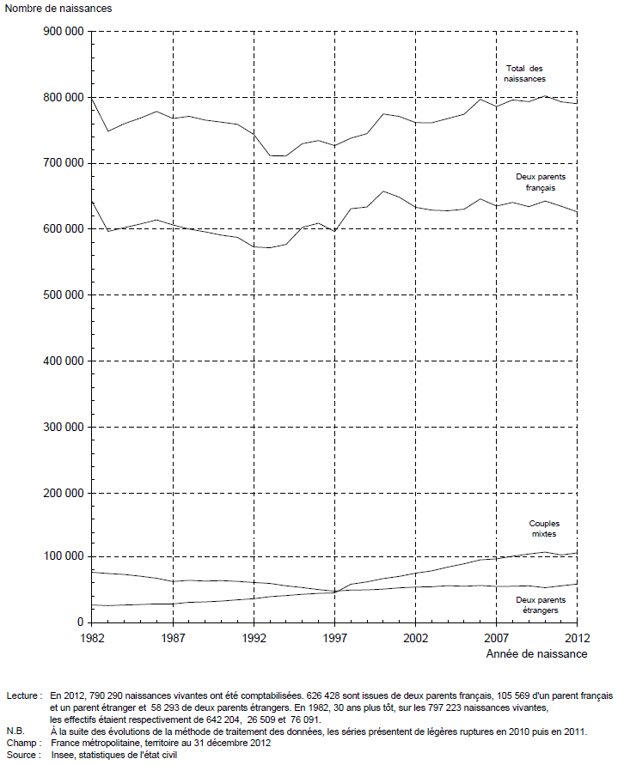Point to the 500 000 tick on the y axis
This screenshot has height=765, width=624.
tap(64, 295)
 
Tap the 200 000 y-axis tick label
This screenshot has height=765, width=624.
tap(64, 493)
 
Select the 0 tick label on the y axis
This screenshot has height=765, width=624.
tap(81, 622)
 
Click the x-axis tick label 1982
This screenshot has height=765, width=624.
tap(92, 638)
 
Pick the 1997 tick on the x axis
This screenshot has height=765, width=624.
tap(335, 638)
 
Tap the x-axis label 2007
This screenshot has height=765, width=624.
tap(497, 638)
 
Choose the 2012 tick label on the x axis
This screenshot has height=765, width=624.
tap(578, 638)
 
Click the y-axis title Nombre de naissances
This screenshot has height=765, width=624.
tap(58, 9)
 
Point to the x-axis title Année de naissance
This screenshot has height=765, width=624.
tap(536, 654)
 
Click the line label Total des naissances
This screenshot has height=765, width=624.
tap(525, 74)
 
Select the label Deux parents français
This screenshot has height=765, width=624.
tap(541, 183)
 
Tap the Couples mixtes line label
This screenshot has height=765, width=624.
tap(544, 528)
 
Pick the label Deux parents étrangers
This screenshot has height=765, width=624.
tap(541, 605)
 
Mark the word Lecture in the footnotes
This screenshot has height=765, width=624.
tap(21, 696)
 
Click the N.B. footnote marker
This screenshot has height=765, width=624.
tap(15, 732)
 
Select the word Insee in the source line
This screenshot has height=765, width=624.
tap(63, 756)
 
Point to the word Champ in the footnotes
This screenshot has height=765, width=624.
tap(19, 743)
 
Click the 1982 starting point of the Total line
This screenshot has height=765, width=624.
tap(92, 98)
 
